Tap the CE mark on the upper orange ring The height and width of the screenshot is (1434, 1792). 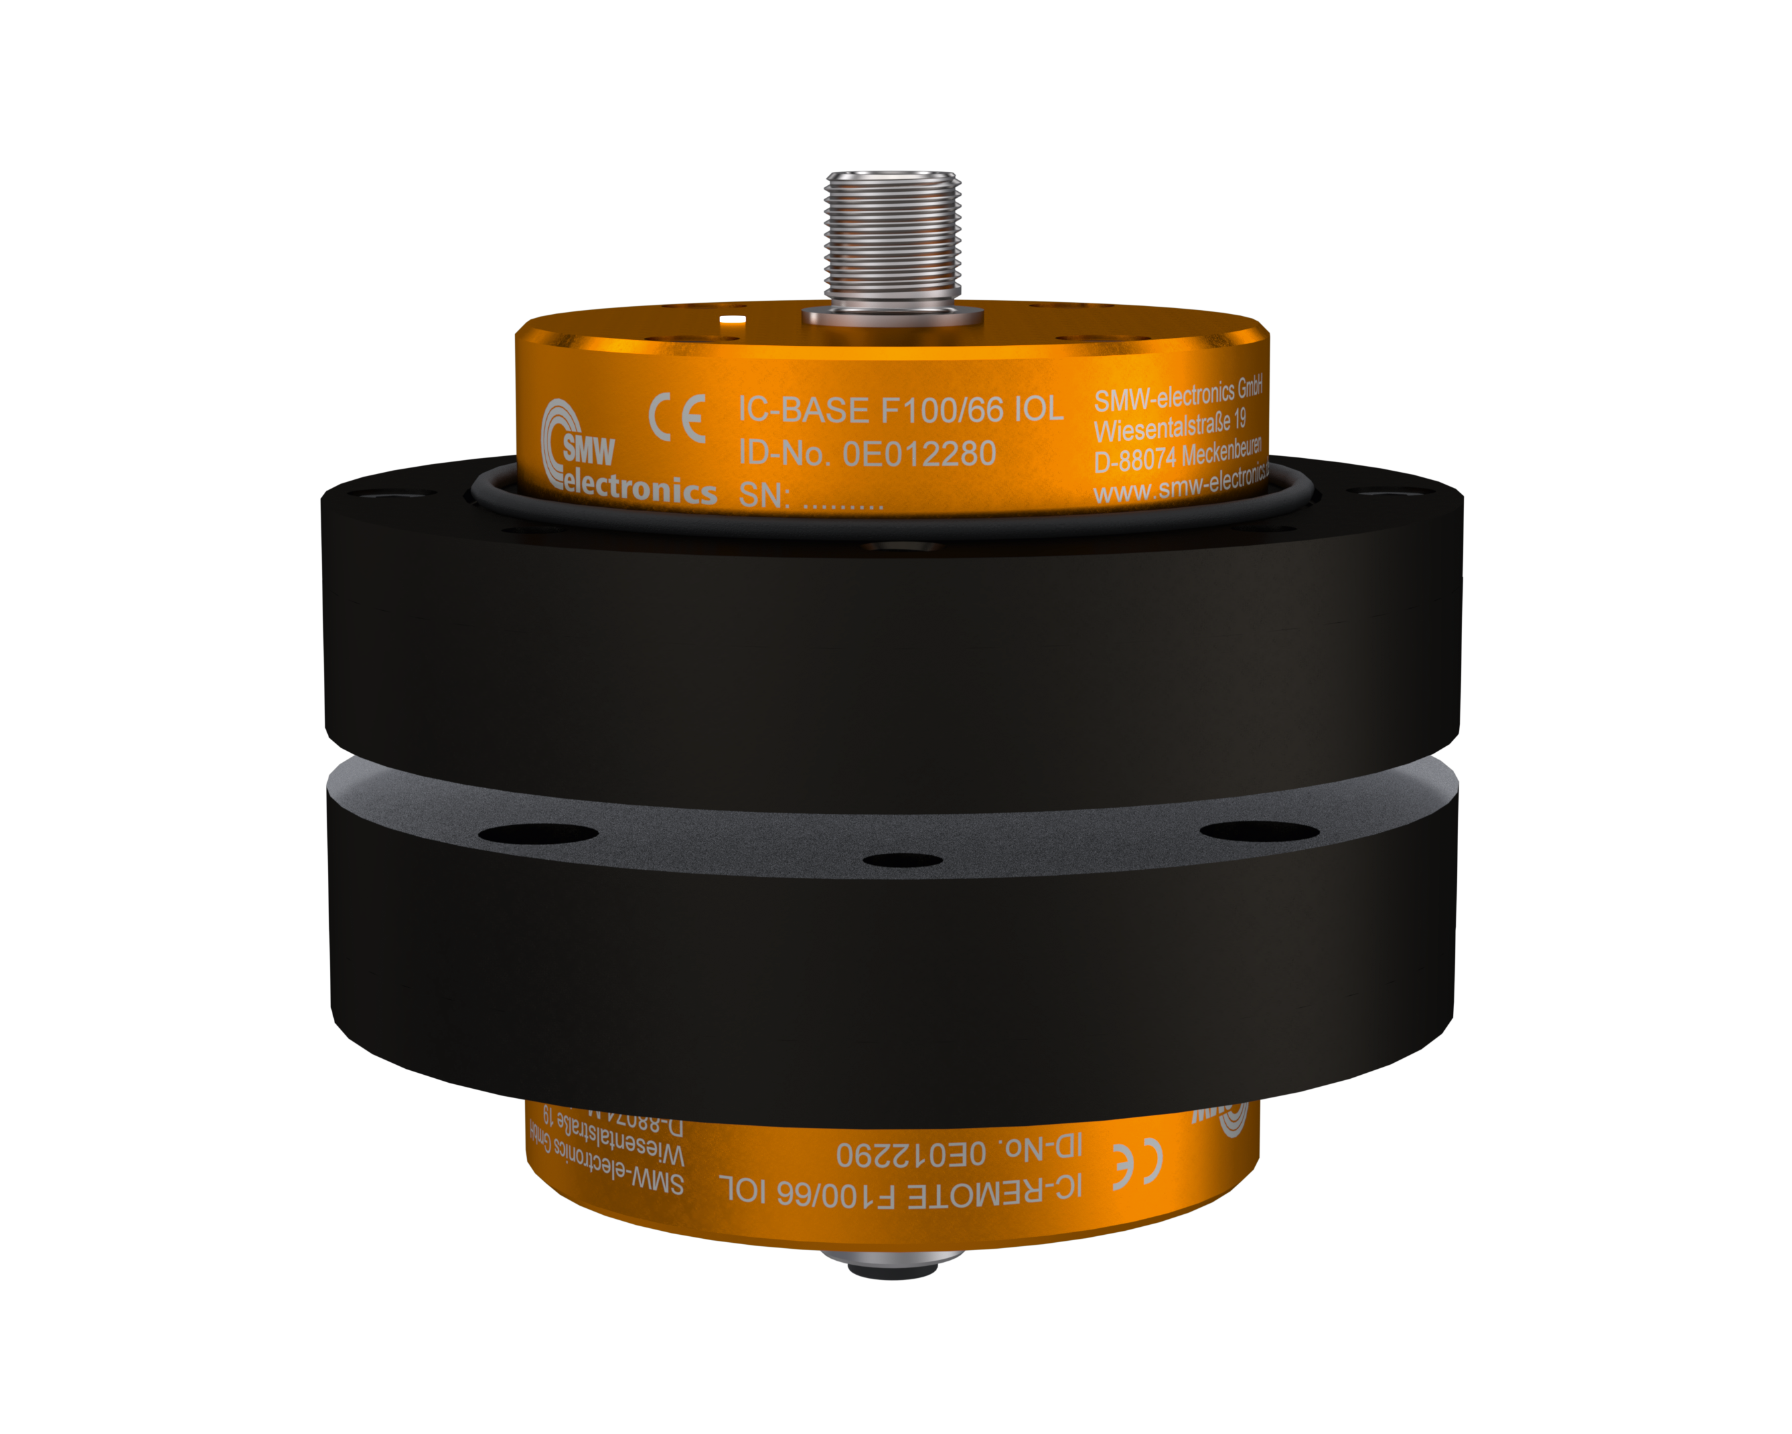pos(678,418)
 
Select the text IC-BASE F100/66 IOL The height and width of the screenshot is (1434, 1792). pos(900,410)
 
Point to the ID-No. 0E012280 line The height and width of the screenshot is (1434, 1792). pos(867,454)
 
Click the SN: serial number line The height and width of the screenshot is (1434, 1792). pos(810,497)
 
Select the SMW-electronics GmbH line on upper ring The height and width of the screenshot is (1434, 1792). pos(1178,394)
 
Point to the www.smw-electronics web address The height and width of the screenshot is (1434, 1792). pos(1180,485)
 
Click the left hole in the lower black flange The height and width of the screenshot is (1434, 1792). pos(539,833)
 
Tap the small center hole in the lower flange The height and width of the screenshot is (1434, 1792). pos(902,860)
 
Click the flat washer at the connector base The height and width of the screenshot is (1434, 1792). pos(892,317)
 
